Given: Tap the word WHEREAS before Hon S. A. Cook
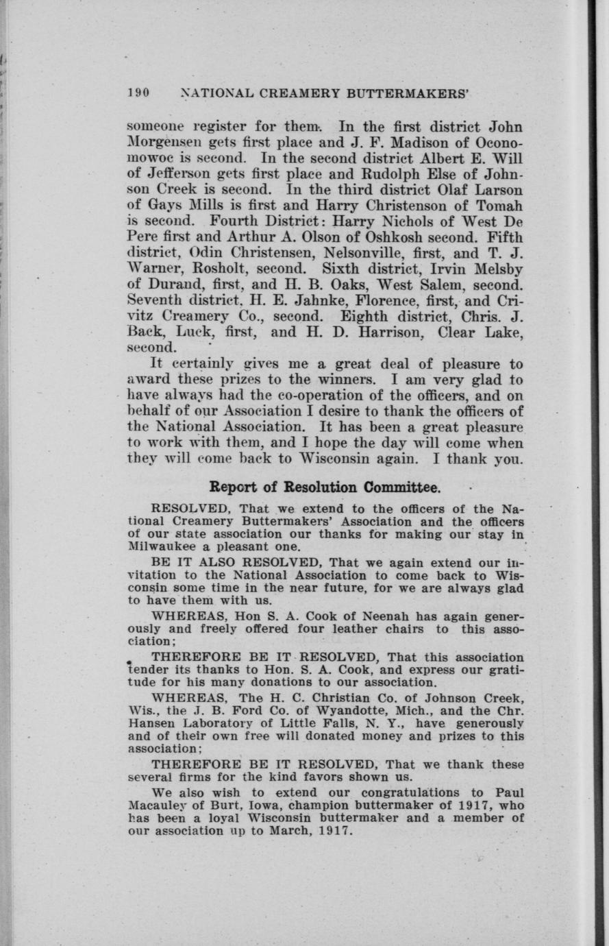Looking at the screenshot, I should [x=179, y=616].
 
